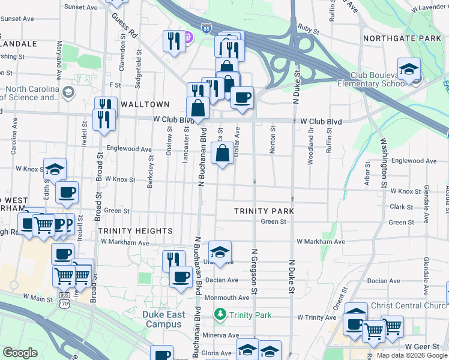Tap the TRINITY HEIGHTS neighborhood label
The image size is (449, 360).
pos(135,231)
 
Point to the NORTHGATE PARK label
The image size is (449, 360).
pos(402,38)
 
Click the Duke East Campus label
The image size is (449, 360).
pos(162,319)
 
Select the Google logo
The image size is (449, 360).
pos(20,353)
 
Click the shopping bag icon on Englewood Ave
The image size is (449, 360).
pos(222,154)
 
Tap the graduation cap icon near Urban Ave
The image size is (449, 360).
pos(220,253)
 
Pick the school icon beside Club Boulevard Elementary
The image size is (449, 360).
pos(409,71)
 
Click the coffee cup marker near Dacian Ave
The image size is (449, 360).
pos(181,277)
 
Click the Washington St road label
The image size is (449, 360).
pos(384,161)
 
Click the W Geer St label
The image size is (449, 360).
pos(423,347)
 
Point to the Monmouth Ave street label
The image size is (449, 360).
pos(227,298)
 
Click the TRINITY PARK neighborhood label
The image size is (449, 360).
pos(264,211)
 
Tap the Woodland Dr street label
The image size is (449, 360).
pos(311,140)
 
